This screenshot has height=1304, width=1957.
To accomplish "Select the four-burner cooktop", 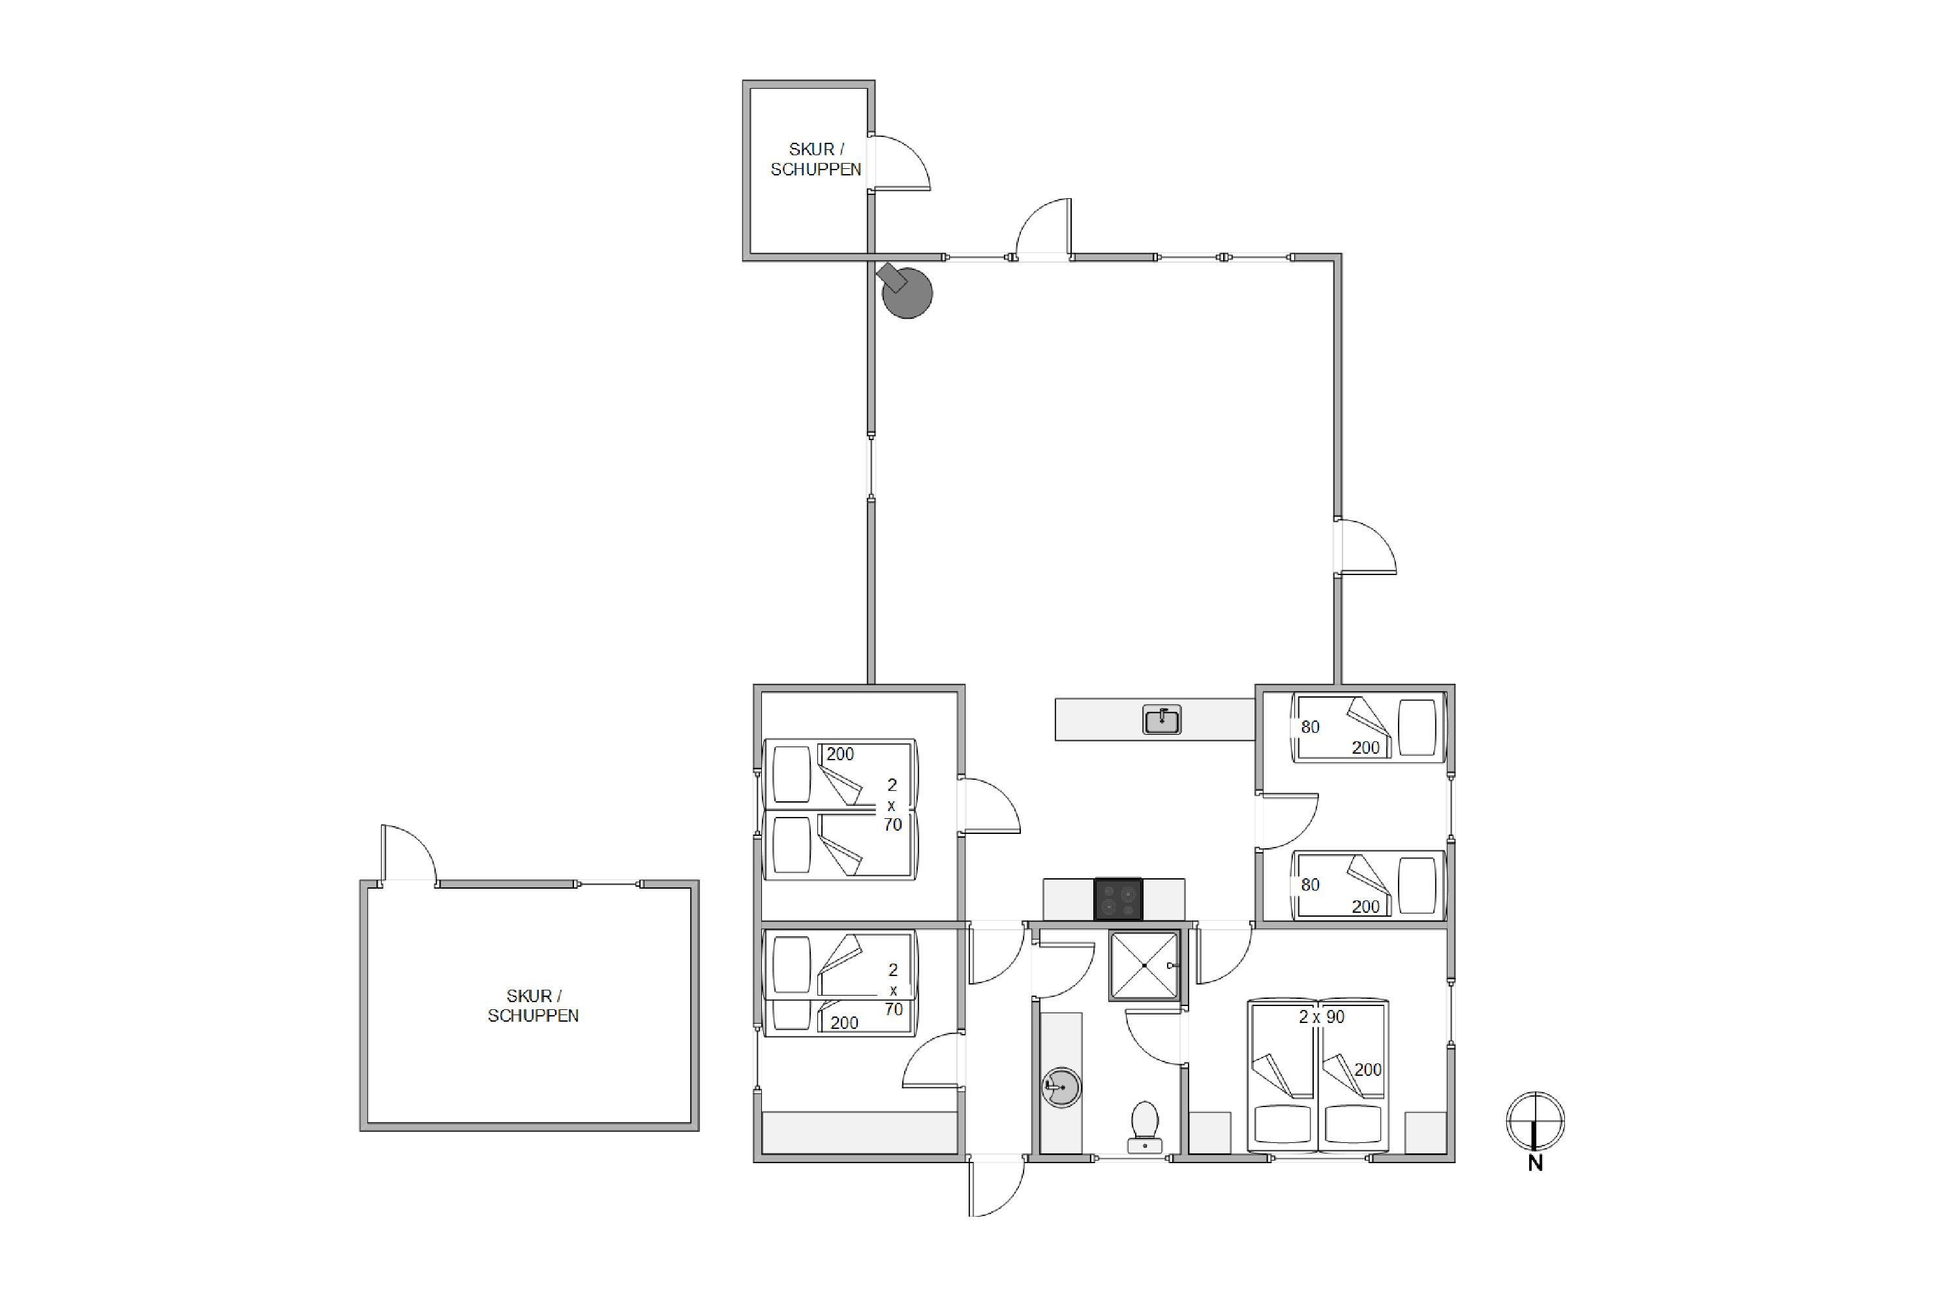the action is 1118,900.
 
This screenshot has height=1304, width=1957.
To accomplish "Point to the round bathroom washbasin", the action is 1062,1088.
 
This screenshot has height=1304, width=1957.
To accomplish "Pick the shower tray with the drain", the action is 1145,966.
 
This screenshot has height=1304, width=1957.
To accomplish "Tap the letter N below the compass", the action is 1535,1164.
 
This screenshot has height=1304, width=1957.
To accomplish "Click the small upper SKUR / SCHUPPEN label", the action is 815,159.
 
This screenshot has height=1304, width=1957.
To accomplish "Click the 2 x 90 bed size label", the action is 1322,1016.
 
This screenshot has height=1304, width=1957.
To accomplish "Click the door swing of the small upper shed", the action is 900,163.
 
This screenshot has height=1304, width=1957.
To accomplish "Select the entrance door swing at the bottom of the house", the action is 997,1186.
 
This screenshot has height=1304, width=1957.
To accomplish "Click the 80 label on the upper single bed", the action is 1311,727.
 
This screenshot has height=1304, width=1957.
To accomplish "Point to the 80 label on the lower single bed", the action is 1311,885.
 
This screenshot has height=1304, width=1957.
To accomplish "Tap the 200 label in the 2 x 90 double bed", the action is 1368,1069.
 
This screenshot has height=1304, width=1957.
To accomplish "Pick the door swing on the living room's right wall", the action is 1365,546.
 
